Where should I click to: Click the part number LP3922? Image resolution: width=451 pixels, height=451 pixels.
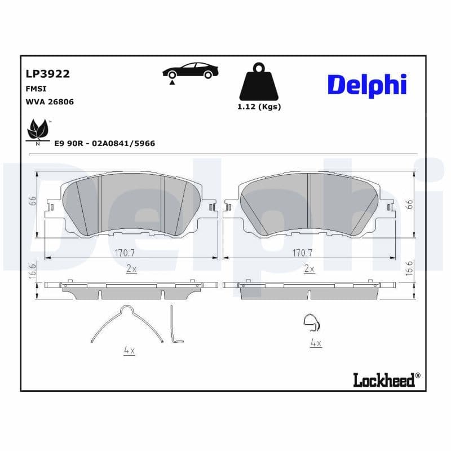[x=47, y=73]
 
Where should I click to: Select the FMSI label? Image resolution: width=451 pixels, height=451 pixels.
[x=36, y=89]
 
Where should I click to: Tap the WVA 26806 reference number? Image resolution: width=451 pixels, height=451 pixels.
[x=50, y=102]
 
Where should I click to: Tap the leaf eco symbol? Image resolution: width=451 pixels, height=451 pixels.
[x=38, y=130]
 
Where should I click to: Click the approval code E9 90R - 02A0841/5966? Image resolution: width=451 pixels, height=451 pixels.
[x=104, y=144]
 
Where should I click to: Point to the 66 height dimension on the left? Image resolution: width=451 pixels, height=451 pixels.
[x=33, y=201]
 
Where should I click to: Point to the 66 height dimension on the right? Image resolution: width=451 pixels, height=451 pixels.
[x=410, y=204]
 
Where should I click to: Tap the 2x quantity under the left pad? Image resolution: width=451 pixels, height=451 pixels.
[x=131, y=269]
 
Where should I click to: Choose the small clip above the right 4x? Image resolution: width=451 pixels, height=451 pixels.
[x=311, y=322]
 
